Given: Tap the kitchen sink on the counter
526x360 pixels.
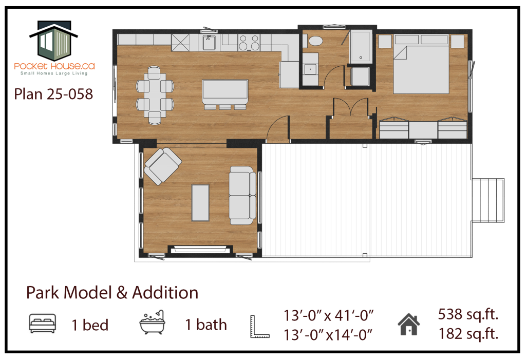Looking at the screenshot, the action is (x=210, y=43).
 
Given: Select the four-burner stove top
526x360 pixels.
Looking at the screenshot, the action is (x=249, y=43).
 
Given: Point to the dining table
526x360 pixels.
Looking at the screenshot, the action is (x=155, y=95).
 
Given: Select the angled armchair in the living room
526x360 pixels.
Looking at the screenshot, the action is (x=163, y=166).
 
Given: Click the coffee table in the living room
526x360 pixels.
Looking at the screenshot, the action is (x=200, y=203).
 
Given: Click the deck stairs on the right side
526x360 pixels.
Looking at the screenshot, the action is (x=488, y=200).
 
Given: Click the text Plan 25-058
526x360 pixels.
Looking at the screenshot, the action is (x=53, y=94).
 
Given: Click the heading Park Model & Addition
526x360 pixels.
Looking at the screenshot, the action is (x=112, y=293).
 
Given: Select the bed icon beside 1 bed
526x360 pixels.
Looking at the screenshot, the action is (x=43, y=324).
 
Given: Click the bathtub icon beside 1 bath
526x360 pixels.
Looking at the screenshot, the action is (x=153, y=322).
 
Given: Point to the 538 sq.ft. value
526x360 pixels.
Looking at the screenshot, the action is (x=468, y=314).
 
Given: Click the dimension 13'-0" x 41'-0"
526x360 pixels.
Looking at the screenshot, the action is (x=329, y=315).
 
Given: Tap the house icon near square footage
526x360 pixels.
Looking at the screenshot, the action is (x=408, y=324).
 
